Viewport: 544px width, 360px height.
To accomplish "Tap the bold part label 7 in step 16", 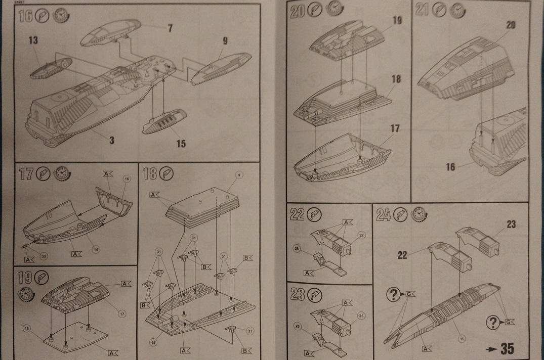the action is click(171, 27).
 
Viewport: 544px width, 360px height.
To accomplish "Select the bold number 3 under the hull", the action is click(111, 141).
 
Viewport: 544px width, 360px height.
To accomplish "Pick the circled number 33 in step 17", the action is click(44, 256).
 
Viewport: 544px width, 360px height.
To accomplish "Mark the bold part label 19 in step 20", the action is click(396, 20).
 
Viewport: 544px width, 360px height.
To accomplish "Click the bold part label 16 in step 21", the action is click(450, 167).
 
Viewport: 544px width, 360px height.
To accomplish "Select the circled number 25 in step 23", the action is click(362, 316).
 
